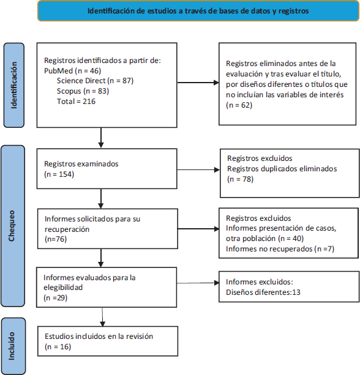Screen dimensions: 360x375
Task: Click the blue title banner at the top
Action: tap(198, 11)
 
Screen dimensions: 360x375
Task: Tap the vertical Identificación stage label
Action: tap(14, 85)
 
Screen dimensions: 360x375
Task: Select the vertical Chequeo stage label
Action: tap(13, 226)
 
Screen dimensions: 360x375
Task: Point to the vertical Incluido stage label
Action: tap(13, 346)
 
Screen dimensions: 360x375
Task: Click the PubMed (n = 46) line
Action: tap(72, 71)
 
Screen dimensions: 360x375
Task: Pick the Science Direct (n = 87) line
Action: tap(95, 81)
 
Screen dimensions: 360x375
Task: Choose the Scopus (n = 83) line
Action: tap(83, 91)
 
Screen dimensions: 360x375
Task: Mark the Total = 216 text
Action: tap(76, 102)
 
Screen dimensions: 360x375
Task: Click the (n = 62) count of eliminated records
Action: tap(239, 105)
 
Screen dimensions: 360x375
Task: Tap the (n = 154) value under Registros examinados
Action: tap(59, 174)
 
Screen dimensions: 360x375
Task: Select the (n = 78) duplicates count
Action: tap(241, 179)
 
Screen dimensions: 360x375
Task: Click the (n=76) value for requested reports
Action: tap(56, 239)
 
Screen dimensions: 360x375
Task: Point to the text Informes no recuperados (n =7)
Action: tap(280, 249)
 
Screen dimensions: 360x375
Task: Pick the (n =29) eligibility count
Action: tap(56, 298)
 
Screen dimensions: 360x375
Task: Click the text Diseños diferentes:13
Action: tap(263, 292)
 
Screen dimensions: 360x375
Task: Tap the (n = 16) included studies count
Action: tap(58, 347)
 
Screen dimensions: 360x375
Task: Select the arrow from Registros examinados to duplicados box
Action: tap(198, 170)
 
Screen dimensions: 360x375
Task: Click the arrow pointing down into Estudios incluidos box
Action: tap(102, 317)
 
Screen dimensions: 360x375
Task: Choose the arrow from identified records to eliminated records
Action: tap(198, 83)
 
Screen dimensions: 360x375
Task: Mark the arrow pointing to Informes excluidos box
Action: tap(198, 283)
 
